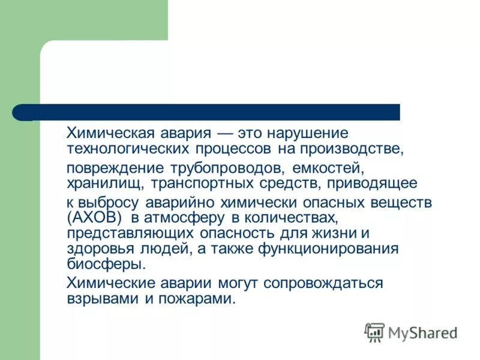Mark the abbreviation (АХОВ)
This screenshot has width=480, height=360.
point(94,217)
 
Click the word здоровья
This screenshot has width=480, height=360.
point(93,248)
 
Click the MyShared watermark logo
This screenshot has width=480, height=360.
point(412,332)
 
